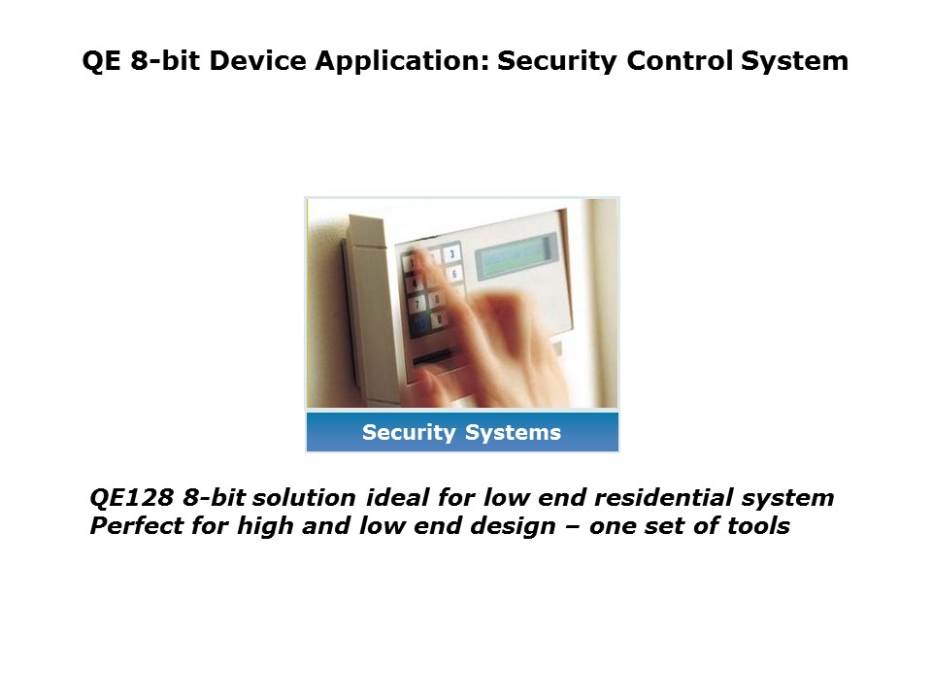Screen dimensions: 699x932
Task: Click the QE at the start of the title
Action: [x=99, y=61]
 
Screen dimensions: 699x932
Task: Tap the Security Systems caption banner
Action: [x=462, y=433]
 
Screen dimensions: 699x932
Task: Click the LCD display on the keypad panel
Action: [x=515, y=257]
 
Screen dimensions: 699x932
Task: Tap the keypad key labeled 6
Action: [x=454, y=274]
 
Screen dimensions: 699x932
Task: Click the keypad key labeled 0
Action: [x=439, y=318]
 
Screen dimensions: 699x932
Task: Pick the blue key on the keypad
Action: [x=420, y=327]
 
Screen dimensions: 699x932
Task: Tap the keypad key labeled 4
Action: [x=416, y=283]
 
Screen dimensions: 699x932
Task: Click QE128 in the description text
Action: [x=131, y=498]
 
